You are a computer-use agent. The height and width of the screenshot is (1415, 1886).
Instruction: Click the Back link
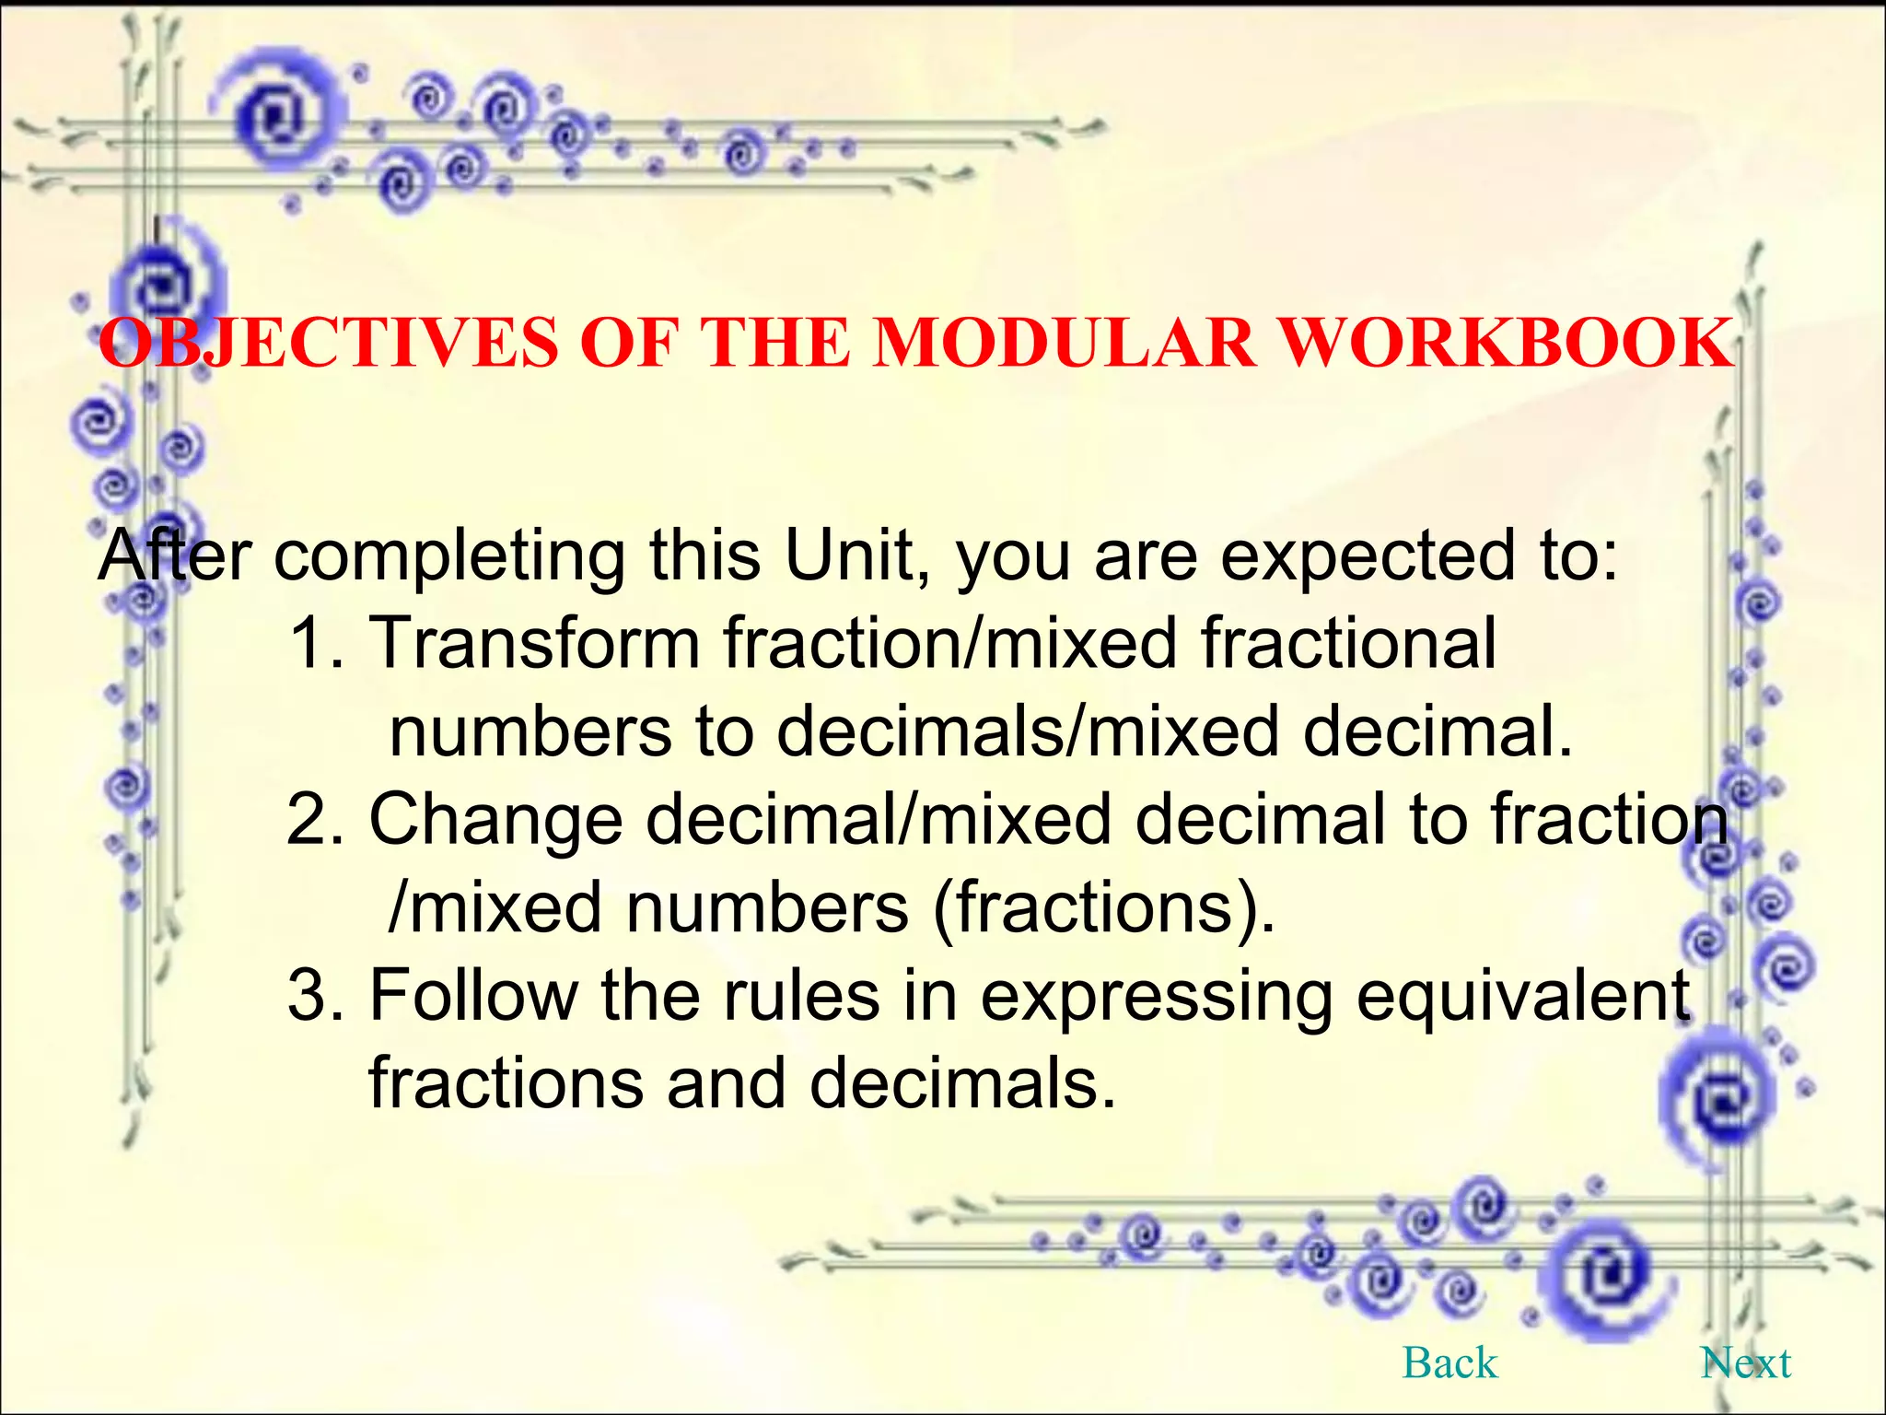coord(1449,1362)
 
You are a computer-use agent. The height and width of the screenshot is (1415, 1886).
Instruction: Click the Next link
coord(1746,1362)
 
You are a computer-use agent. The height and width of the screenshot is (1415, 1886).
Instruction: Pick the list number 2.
coord(309,819)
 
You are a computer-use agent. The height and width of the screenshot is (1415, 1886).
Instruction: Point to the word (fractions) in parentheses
coord(1104,908)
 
